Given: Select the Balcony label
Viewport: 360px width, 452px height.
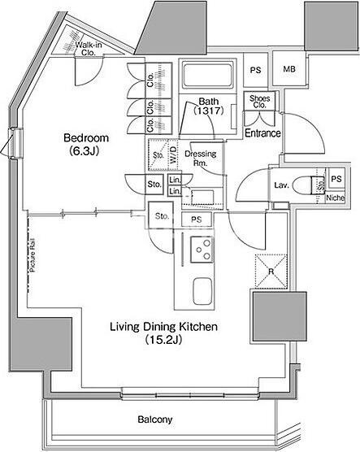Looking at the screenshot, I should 154,420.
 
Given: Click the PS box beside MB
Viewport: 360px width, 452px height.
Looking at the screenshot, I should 256,70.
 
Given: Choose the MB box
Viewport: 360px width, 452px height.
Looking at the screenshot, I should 288,70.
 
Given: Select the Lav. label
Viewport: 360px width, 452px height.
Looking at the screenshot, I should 281,185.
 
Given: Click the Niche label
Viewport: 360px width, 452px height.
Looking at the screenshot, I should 335,198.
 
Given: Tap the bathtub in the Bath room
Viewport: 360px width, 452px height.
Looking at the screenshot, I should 207,78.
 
